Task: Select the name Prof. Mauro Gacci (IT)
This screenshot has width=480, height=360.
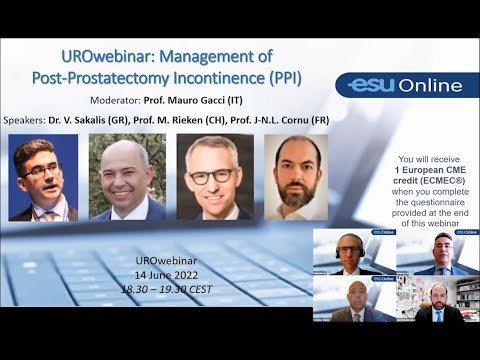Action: (x=198, y=100)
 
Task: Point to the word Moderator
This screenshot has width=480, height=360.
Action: (x=117, y=100)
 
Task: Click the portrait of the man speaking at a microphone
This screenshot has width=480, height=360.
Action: (x=42, y=177)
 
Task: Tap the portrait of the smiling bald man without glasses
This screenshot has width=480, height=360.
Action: (x=127, y=177)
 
